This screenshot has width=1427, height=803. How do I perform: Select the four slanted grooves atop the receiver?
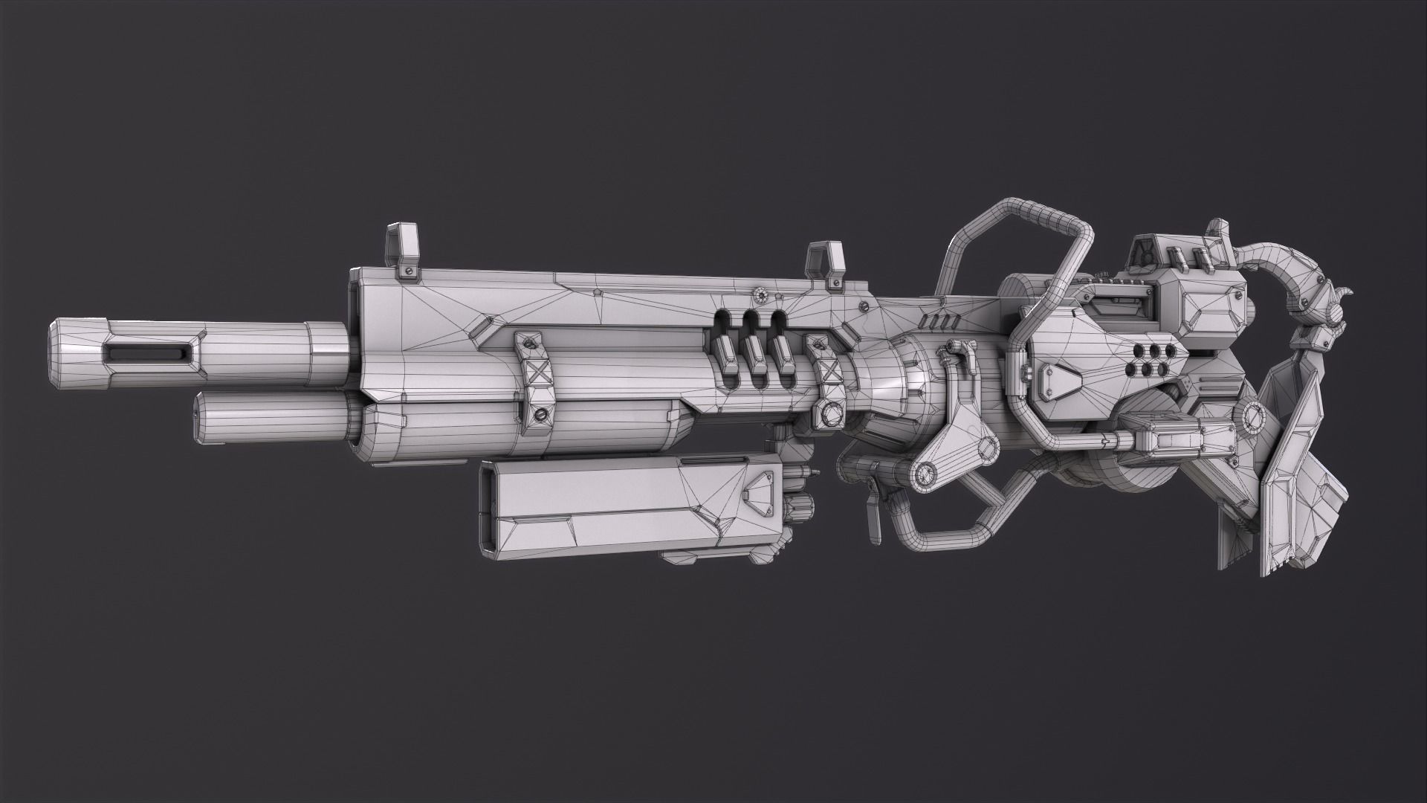935,320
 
